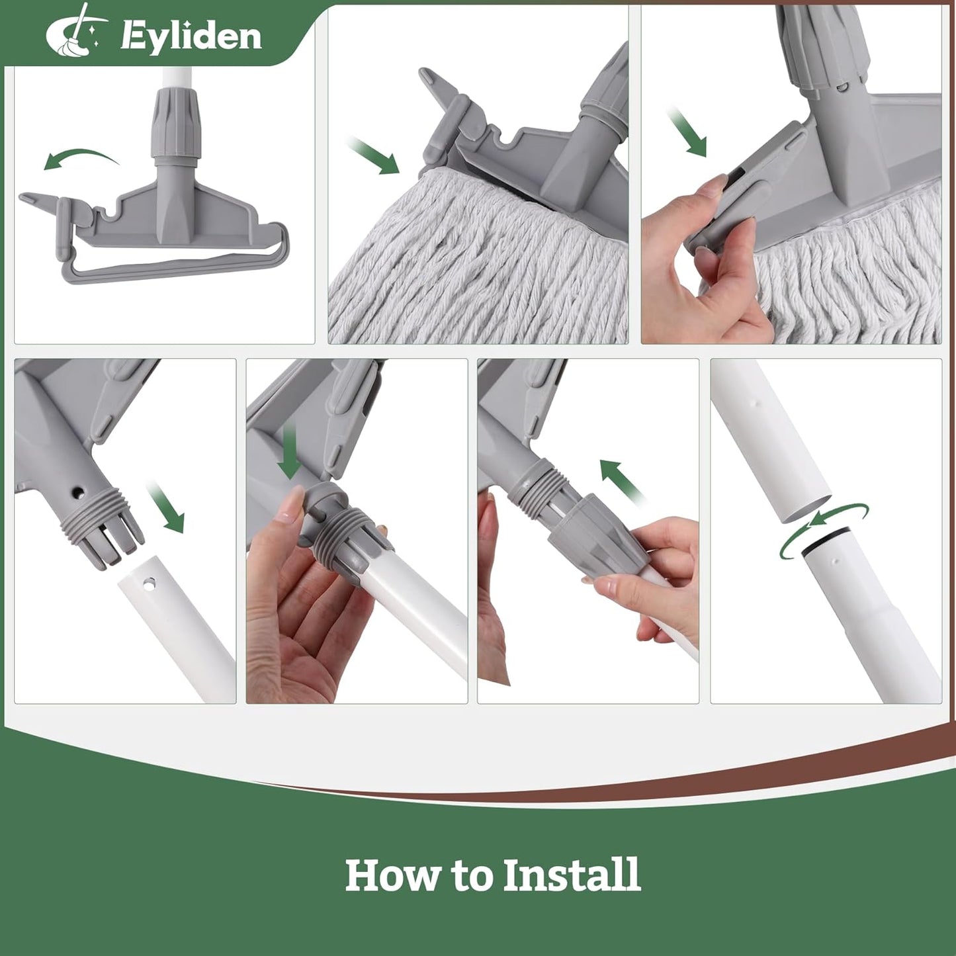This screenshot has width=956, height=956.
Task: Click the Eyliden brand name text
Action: pos(191,36)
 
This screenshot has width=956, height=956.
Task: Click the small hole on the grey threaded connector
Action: pos(79,492)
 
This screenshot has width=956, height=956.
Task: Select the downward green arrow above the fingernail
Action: pos(289,454)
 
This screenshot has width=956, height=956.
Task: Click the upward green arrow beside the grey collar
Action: pos(622,480)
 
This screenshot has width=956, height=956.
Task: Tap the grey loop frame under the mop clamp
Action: pos(172,268)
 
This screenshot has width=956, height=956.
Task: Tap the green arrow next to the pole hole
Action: pos(167,507)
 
